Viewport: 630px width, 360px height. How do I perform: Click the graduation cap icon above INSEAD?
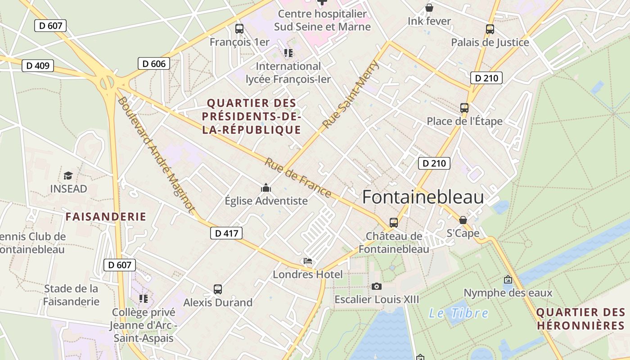(x=68, y=175)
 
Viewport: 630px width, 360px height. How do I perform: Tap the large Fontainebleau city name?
(x=423, y=197)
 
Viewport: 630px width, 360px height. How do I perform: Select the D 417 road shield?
(x=226, y=233)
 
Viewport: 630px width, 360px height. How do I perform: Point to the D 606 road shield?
(x=154, y=63)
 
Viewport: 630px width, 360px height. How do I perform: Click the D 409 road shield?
(x=38, y=66)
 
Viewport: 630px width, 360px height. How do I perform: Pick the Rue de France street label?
(x=297, y=178)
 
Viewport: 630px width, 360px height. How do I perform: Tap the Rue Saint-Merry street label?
(x=351, y=95)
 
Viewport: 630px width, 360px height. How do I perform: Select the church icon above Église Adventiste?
(x=266, y=188)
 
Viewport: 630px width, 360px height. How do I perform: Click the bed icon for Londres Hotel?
(x=308, y=261)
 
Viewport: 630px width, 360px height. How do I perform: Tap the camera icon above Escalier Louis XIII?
(x=377, y=286)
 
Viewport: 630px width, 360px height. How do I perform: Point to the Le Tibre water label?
(x=459, y=313)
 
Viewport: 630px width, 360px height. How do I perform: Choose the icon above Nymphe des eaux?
(x=508, y=280)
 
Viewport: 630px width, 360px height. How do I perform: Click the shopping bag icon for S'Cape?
(x=463, y=220)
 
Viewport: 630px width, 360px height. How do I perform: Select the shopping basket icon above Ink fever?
(x=429, y=8)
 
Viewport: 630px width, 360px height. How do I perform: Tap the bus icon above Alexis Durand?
(x=218, y=289)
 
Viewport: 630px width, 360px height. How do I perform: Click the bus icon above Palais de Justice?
(x=490, y=29)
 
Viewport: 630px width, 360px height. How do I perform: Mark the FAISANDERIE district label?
(x=106, y=216)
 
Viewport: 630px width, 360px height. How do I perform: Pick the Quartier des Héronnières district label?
(x=580, y=319)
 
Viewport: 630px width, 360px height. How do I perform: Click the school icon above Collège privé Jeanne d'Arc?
(x=144, y=299)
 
